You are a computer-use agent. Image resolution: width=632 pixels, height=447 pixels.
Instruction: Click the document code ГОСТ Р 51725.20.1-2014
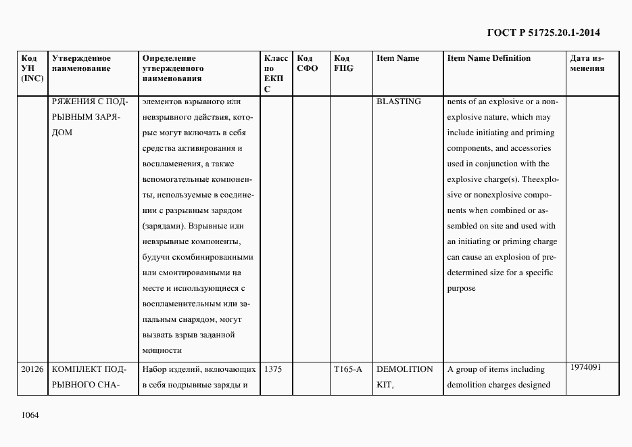point(543,32)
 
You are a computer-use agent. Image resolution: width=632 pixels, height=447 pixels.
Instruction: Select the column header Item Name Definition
point(489,58)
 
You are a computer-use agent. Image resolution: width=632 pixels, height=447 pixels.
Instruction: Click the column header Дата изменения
point(587,63)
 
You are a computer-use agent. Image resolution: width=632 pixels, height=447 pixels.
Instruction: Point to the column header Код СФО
point(307,63)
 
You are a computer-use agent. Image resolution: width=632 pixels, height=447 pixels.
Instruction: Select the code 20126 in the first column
point(32,370)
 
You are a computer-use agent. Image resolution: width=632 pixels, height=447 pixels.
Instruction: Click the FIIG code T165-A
point(348,370)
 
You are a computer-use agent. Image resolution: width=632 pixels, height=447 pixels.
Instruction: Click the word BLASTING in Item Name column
point(398,101)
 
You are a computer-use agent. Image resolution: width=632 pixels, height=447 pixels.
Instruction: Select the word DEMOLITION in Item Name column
point(404,369)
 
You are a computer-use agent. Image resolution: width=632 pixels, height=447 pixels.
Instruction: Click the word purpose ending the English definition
point(461,288)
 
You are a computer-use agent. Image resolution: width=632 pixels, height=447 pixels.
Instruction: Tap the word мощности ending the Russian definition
point(162,350)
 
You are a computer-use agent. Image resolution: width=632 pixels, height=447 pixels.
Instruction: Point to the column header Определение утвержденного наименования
point(173,68)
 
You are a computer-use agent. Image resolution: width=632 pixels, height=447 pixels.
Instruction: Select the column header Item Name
point(397,58)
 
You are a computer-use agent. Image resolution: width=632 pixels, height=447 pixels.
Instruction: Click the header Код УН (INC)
point(32,68)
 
